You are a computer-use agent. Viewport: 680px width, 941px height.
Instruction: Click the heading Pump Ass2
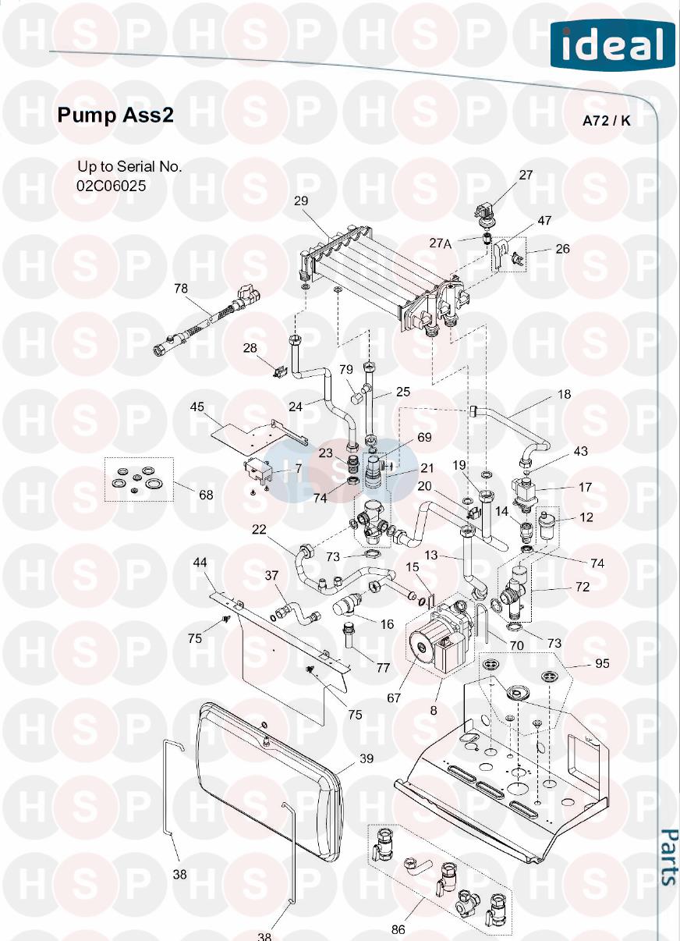pos(115,115)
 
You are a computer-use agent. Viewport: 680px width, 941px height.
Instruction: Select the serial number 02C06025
pos(112,186)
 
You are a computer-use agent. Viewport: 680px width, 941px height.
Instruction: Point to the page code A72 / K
pos(607,121)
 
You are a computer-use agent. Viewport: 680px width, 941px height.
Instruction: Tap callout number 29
pos(301,201)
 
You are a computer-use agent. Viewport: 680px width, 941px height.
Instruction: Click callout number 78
pos(181,289)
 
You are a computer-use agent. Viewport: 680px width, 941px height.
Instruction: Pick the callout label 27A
pos(441,243)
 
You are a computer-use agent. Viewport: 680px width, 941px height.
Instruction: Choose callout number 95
pos(602,664)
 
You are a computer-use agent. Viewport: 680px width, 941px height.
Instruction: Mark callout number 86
pos(398,929)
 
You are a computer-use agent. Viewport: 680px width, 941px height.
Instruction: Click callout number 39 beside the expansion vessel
pos(367,758)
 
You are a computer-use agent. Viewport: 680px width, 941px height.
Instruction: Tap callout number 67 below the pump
pos(394,698)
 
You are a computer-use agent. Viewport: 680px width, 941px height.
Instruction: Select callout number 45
pos(197,407)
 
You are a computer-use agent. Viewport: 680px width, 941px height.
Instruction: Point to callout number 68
pos(206,495)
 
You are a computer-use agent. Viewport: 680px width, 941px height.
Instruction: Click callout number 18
pos(564,395)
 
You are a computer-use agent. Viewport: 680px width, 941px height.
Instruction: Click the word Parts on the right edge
pos(668,857)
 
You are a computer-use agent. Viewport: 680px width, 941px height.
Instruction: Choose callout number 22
pos(259,530)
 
